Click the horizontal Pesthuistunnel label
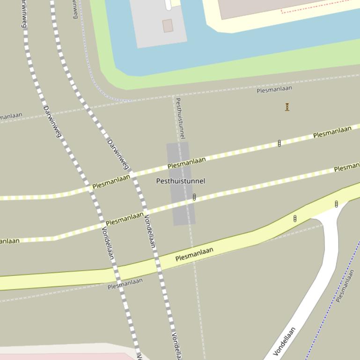[x=180, y=181]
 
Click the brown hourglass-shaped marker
[x=287, y=107]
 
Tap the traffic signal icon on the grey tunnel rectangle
[x=194, y=197]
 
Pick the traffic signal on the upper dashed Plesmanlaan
[x=279, y=143]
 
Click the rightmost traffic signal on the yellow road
[x=336, y=204]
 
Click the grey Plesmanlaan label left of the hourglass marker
[x=274, y=89]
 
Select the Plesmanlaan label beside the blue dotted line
[x=345, y=285]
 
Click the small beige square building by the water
[x=168, y=26]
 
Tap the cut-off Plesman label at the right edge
[x=347, y=167]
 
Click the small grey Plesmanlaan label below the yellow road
[x=125, y=283]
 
